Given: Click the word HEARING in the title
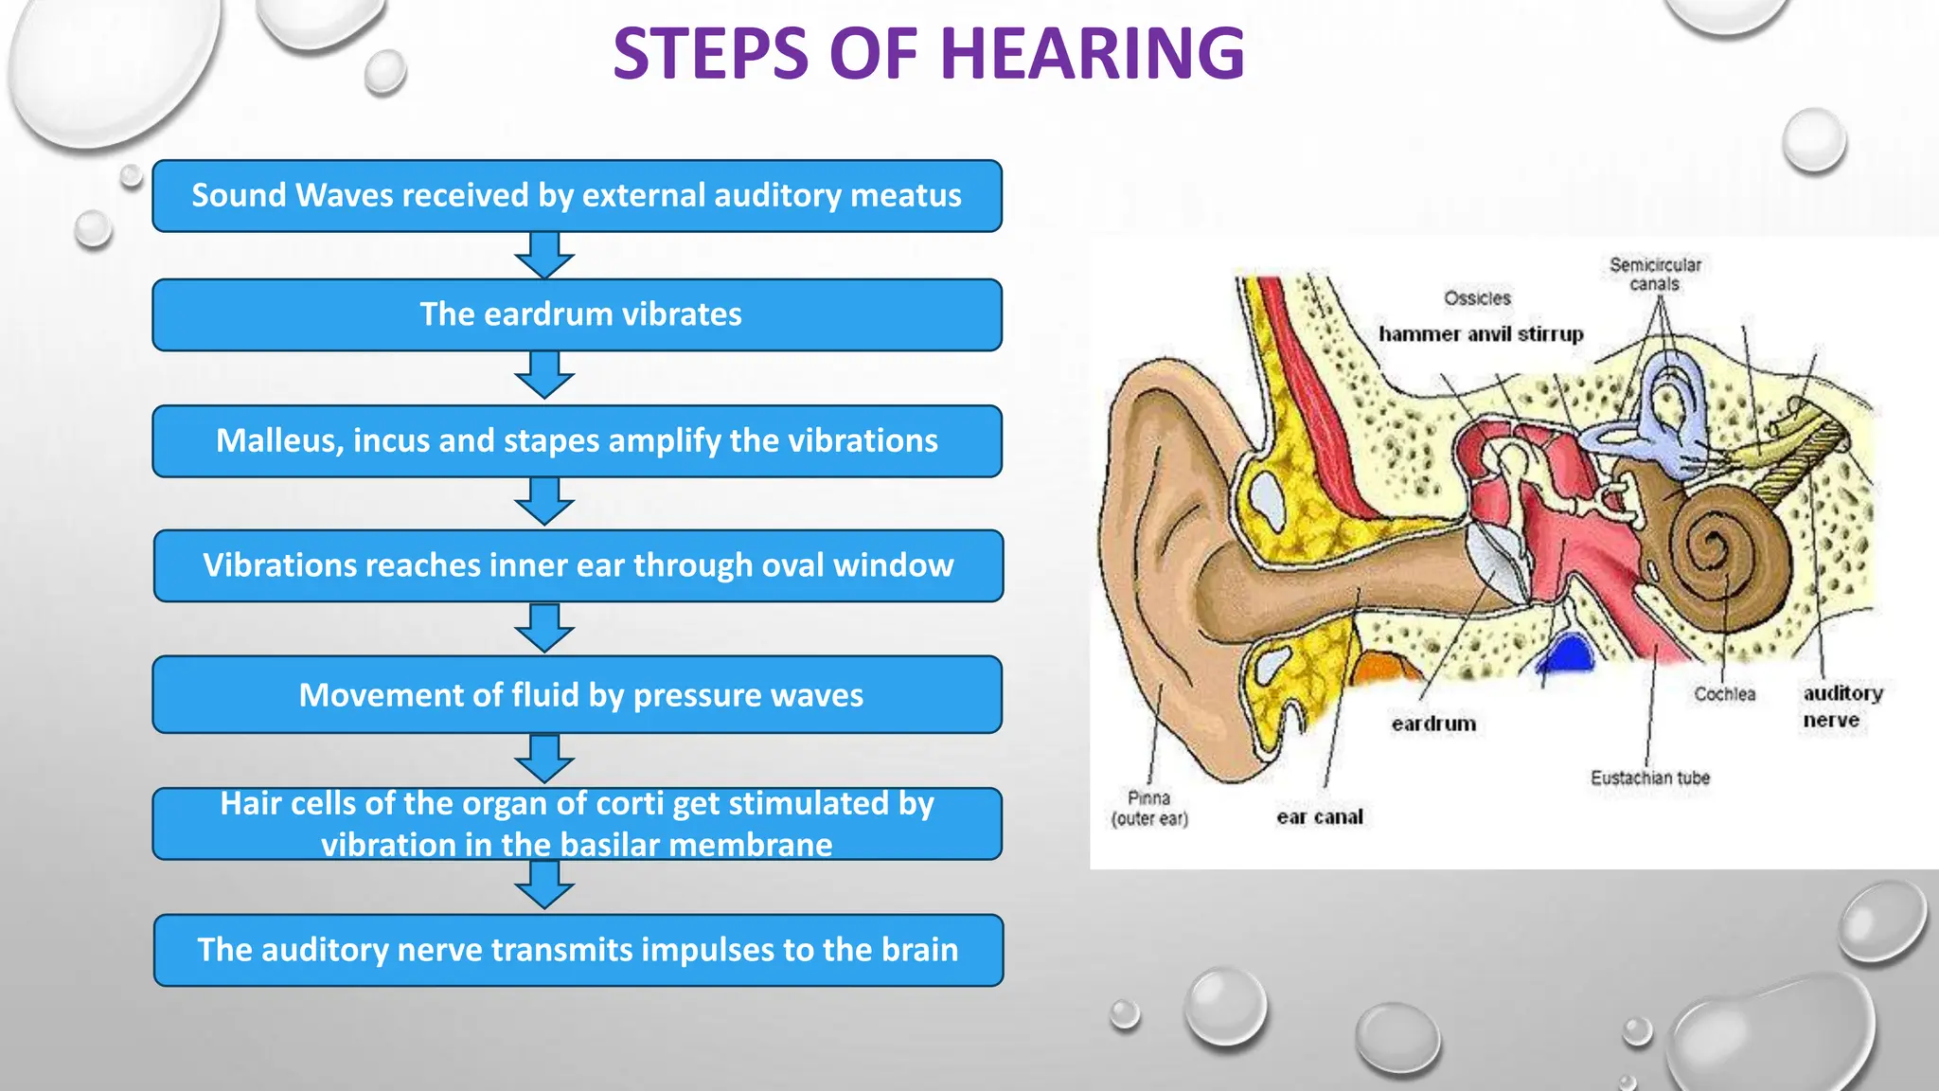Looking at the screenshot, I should pyautogui.click(x=1093, y=54).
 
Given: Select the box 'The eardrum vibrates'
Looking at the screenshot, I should pyautogui.click(x=578, y=314).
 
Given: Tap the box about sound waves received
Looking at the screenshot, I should pyautogui.click(x=578, y=196).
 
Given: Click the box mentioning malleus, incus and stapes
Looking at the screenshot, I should pyautogui.click(x=578, y=441).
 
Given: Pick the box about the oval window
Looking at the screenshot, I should pyautogui.click(x=578, y=565).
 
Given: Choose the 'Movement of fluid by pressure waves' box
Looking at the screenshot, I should pyautogui.click(x=578, y=694).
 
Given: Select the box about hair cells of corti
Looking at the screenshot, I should pyautogui.click(x=578, y=824).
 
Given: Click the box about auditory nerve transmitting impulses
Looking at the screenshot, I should pyautogui.click(x=578, y=950).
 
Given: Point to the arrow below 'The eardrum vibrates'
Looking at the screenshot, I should pyautogui.click(x=544, y=375).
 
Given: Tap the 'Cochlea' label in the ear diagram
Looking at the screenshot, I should pyautogui.click(x=1724, y=694).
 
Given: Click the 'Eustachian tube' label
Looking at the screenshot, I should pyautogui.click(x=1649, y=778).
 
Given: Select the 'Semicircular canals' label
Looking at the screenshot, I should pyautogui.click(x=1655, y=274).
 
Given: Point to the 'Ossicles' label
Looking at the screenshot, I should pyautogui.click(x=1477, y=298).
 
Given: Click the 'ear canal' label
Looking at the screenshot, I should pyautogui.click(x=1319, y=816).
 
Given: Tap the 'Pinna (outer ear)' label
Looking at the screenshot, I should pyautogui.click(x=1148, y=808).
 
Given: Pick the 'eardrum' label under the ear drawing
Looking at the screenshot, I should pyautogui.click(x=1433, y=724).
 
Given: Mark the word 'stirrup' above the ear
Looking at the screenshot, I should pyautogui.click(x=1550, y=334).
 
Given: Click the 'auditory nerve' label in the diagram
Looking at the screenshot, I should pyautogui.click(x=1841, y=706).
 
